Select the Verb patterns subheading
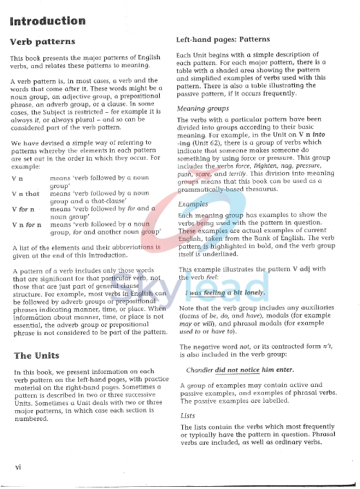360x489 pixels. [x=43, y=41]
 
